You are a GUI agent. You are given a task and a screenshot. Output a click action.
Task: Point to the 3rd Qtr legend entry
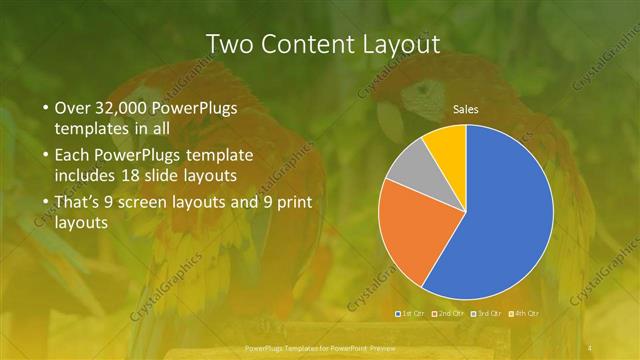(488, 314)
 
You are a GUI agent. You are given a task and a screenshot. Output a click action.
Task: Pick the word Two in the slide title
(230, 44)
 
